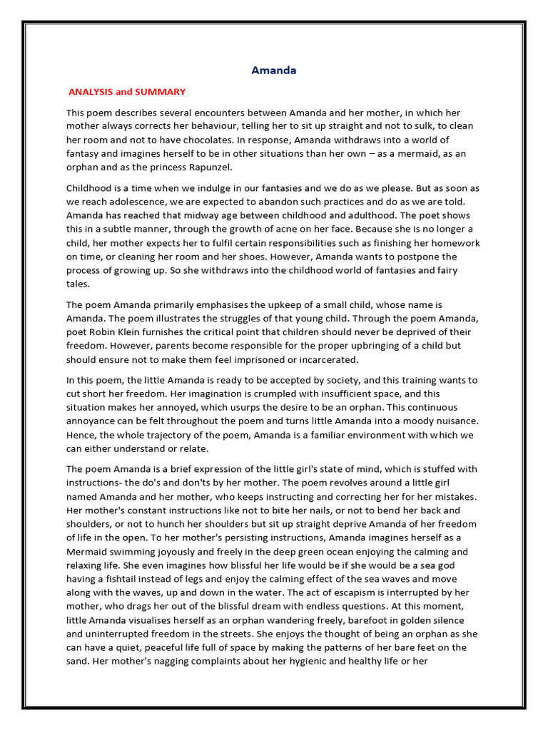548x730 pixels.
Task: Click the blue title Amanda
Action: coord(274,71)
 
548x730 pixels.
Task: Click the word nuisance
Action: coord(446,421)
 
